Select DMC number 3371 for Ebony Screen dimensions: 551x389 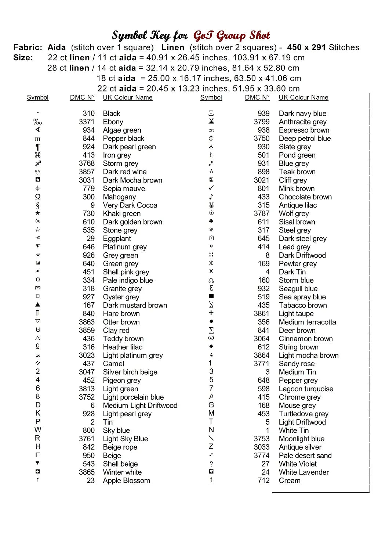(87, 122)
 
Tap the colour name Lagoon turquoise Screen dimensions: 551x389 (306, 389)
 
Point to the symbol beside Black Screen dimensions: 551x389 (38, 113)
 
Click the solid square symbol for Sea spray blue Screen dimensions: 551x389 (211, 296)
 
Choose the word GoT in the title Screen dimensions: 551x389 (203, 35)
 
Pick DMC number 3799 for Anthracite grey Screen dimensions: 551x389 (262, 122)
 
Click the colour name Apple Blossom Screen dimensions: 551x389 (126, 480)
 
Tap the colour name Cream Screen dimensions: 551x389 (290, 480)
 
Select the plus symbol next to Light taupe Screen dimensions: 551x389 (211, 313)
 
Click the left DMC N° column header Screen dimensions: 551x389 (82, 97)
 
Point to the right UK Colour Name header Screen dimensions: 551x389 (303, 97)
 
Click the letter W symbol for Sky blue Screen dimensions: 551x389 (38, 430)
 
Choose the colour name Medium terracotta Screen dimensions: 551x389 (307, 322)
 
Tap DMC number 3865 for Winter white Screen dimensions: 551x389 (87, 472)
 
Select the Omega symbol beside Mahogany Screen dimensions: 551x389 (38, 197)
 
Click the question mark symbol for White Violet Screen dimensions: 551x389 (211, 464)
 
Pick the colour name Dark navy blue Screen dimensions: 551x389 (302, 114)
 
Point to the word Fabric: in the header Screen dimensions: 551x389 (28, 47)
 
